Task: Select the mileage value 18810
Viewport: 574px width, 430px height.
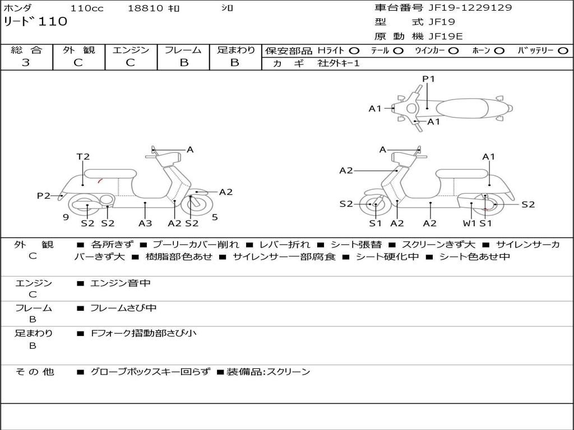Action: pyautogui.click(x=145, y=8)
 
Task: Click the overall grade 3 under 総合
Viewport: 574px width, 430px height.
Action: pyautogui.click(x=26, y=63)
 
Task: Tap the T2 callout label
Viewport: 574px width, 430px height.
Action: pyautogui.click(x=83, y=157)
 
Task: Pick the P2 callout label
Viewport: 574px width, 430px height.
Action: pyautogui.click(x=44, y=195)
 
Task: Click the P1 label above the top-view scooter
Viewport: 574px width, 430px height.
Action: pyautogui.click(x=428, y=79)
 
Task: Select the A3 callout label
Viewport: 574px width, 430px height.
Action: pyautogui.click(x=145, y=223)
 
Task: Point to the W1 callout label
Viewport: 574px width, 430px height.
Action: pyautogui.click(x=470, y=223)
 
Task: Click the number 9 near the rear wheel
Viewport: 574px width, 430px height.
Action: pyautogui.click(x=66, y=217)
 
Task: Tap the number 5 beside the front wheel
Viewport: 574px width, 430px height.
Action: pyautogui.click(x=215, y=217)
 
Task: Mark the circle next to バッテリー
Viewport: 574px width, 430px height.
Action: pyautogui.click(x=563, y=50)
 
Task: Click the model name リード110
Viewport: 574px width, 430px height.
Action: pyautogui.click(x=36, y=22)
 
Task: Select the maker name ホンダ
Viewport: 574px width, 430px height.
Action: pyautogui.click(x=18, y=8)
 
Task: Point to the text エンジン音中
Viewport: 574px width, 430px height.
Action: pyautogui.click(x=121, y=283)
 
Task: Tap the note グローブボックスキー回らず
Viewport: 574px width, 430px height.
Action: pyautogui.click(x=150, y=372)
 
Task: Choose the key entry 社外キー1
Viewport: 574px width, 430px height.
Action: pyautogui.click(x=339, y=63)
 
